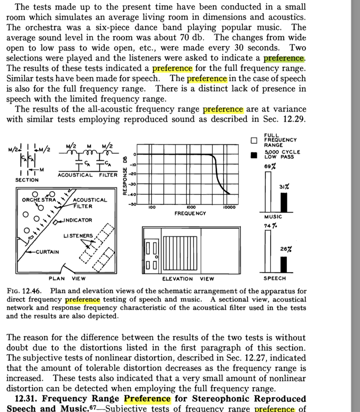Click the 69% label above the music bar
tap(269, 166)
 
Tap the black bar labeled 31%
tap(283, 202)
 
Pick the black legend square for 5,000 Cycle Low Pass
tap(254, 155)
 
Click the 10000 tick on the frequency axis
tap(230, 208)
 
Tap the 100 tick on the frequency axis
tap(151, 208)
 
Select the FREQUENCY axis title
tap(190, 213)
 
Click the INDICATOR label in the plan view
tap(77, 220)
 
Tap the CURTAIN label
tap(47, 252)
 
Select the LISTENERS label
tap(78, 235)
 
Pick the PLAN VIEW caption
tap(67, 279)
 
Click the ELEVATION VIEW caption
tap(188, 279)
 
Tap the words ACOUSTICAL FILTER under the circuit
tap(87, 175)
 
